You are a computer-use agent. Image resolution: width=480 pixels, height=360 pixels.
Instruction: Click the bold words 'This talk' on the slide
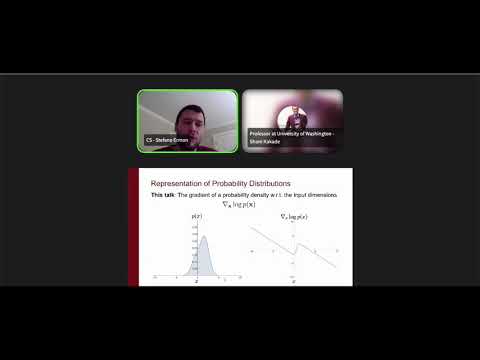[162, 195]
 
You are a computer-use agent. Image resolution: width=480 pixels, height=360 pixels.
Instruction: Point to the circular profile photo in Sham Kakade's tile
[294, 112]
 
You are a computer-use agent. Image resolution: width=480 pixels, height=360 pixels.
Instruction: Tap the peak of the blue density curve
[203, 236]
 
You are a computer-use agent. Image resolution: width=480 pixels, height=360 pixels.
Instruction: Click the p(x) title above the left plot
[196, 216]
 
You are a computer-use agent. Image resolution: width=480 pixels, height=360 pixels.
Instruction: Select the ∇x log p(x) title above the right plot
[293, 216]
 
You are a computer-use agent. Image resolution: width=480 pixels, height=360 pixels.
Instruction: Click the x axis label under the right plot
[294, 283]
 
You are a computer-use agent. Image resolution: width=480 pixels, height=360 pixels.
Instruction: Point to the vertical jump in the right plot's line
[294, 246]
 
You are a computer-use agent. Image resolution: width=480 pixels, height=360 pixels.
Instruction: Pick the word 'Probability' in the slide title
[224, 184]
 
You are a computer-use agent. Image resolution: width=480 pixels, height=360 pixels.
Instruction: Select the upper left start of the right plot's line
[252, 227]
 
